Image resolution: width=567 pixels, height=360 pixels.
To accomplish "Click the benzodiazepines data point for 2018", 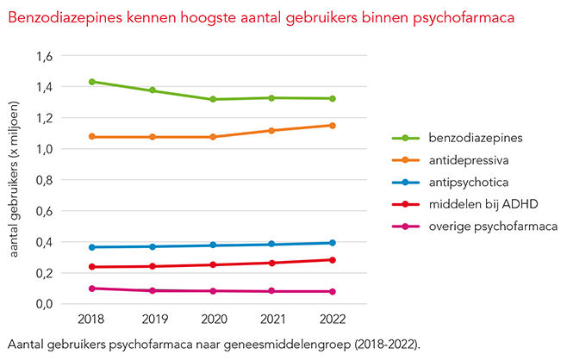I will tap(90, 82).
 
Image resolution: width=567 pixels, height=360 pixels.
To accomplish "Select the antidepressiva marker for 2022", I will tap(332, 126).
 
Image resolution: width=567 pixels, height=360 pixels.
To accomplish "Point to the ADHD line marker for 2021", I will tap(271, 263).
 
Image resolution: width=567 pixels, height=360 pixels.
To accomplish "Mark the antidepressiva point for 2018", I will tap(90, 136).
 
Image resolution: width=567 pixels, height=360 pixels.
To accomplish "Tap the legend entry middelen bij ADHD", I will tap(471, 204).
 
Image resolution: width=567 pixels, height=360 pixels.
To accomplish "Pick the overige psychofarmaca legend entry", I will tap(479, 227).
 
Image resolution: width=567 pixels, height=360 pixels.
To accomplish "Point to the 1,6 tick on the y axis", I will tap(43, 56).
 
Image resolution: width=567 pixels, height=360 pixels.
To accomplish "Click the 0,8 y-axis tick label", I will tap(43, 180).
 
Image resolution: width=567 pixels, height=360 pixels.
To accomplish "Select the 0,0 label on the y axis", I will tap(43, 304).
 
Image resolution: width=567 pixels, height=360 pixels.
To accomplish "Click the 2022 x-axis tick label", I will tap(332, 320).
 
